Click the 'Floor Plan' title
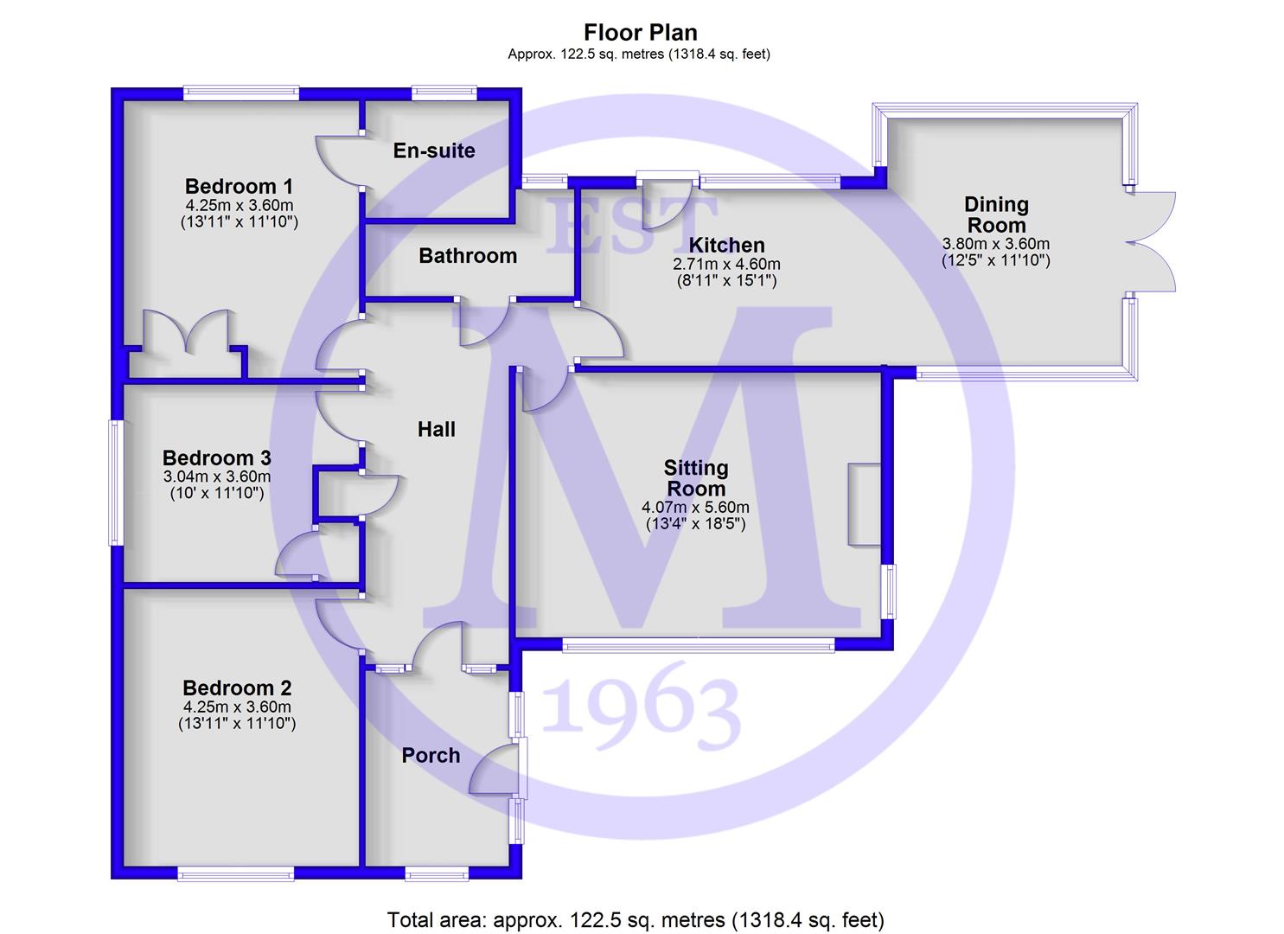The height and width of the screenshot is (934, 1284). tap(641, 33)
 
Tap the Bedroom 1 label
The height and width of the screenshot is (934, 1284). tap(239, 186)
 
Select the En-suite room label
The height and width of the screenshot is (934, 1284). tap(434, 150)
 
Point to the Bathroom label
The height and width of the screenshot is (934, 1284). tap(468, 256)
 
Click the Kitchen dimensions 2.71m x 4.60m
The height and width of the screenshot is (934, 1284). tap(726, 265)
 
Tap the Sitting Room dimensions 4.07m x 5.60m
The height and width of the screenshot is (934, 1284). tap(695, 508)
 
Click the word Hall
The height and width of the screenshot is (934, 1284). tap(437, 430)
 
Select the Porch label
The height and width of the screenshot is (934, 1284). tap(431, 756)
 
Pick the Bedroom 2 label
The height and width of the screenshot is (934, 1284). tap(237, 688)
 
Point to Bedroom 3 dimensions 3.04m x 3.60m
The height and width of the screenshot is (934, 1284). tap(217, 477)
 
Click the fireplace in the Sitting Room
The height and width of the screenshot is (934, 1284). tap(865, 504)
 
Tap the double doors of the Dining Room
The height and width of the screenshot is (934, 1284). tap(1151, 242)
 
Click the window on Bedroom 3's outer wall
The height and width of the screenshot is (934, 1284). tap(117, 483)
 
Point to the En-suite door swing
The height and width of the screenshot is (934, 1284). tap(342, 162)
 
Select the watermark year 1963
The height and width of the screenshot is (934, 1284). tap(641, 707)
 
